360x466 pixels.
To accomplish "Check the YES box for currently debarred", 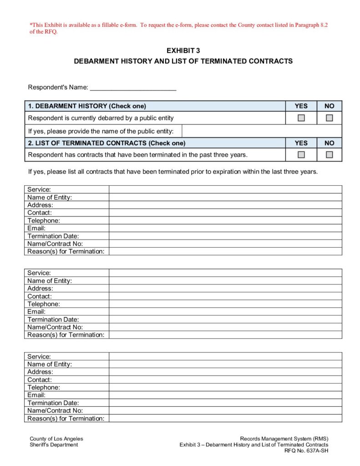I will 301,118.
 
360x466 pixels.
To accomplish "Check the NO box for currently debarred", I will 329,118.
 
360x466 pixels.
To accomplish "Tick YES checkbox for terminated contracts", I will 301,155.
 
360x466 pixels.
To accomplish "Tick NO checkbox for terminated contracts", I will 329,155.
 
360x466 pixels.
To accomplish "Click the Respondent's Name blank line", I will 133,87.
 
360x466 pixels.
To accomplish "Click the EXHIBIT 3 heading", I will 183,51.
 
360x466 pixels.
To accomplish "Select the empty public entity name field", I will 262,131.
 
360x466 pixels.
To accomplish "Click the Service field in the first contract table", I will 225,189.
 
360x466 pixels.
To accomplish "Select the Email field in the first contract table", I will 225,228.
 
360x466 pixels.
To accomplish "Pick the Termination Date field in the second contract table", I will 225,319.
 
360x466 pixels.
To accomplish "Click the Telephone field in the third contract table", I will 225,387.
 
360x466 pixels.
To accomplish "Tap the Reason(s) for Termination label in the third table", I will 66,418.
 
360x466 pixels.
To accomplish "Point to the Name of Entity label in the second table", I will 50,281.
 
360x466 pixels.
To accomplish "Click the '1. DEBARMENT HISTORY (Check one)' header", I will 87,106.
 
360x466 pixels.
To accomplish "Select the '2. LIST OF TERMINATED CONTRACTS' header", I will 106,143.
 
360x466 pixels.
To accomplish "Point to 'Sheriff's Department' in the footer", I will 54,445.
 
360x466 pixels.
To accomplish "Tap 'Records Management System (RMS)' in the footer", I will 284,439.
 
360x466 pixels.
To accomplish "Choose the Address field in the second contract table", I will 225,289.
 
